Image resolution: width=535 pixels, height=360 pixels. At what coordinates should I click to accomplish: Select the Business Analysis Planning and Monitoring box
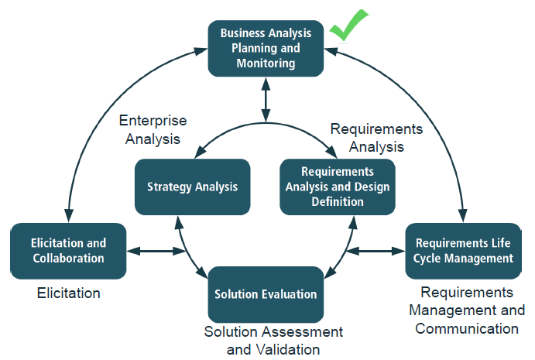click(266, 49)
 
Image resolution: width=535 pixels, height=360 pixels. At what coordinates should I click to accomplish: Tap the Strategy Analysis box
click(193, 187)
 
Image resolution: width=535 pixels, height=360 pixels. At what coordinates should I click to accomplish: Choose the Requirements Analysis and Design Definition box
click(338, 187)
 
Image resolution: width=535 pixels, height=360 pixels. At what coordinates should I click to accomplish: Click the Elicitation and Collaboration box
click(68, 251)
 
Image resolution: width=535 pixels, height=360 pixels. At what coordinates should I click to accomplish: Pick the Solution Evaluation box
click(266, 294)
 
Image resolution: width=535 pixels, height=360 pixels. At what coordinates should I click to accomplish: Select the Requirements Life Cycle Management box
click(463, 251)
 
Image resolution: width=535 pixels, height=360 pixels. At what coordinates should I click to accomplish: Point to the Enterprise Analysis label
click(153, 129)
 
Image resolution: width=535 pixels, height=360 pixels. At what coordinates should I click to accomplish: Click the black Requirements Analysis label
click(376, 138)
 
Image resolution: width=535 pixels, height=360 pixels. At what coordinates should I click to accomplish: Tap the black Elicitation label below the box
click(69, 293)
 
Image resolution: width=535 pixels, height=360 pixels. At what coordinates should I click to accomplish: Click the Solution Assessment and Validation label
click(273, 341)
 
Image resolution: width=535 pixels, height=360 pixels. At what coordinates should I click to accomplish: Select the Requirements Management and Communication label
click(467, 310)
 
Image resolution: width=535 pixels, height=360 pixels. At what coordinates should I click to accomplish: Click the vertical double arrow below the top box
click(266, 99)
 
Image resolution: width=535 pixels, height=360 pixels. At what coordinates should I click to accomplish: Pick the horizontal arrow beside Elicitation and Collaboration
click(156, 251)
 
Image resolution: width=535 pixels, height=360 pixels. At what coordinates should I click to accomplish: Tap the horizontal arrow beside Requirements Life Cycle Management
click(376, 251)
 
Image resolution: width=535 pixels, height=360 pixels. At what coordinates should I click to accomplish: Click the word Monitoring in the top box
click(266, 63)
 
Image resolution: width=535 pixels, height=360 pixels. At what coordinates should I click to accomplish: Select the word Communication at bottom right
click(467, 328)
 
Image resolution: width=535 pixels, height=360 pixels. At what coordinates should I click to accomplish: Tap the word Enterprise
click(153, 121)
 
